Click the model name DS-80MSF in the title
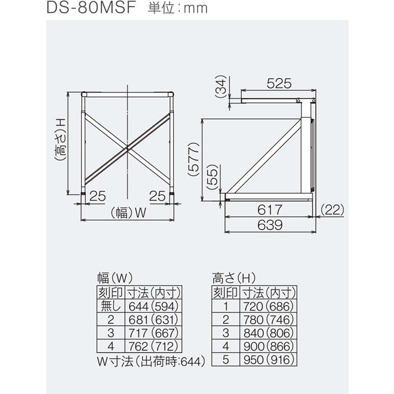pos(91,8)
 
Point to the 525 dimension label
pos(279,83)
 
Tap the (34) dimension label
pos(221,87)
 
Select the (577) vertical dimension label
pos(193,159)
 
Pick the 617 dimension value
pos(270,210)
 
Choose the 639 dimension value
pos(270,225)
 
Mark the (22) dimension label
pos(332,210)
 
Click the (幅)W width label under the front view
pos(128,213)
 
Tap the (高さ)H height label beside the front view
pos(60,140)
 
